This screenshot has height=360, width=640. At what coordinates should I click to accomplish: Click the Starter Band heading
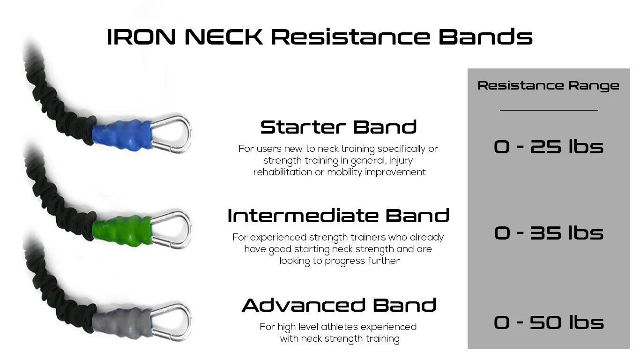pos(338,127)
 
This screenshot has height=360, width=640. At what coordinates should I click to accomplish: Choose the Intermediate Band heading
pos(338,216)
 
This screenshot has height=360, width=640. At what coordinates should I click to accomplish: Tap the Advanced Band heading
pos(339,306)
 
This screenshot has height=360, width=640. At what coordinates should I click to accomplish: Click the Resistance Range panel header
pos(548,86)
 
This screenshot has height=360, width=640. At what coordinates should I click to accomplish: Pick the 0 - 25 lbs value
pos(548,147)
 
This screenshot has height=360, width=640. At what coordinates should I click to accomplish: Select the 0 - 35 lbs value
pos(548,233)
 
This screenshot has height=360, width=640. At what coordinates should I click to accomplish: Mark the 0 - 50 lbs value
pos(548,322)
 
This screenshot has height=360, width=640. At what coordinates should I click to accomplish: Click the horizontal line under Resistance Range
pos(548,110)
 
